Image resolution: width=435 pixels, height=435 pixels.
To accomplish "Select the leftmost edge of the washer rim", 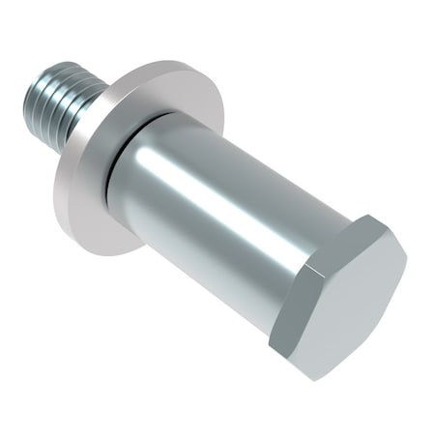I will [55, 184].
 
